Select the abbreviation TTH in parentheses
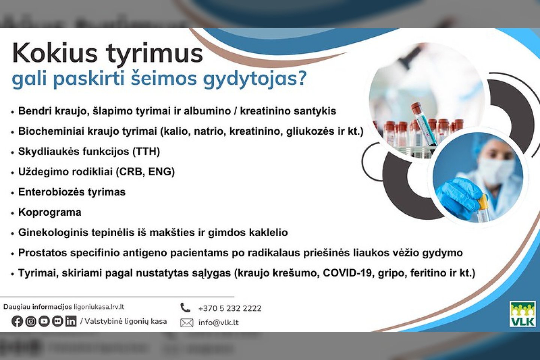[x=146, y=151]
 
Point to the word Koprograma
[x=49, y=212]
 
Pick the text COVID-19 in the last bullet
[x=347, y=273]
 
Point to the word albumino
[x=208, y=111]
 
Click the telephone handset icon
[x=185, y=308]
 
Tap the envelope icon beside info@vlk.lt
[x=187, y=322]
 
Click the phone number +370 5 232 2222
[x=230, y=308]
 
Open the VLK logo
[x=522, y=314]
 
